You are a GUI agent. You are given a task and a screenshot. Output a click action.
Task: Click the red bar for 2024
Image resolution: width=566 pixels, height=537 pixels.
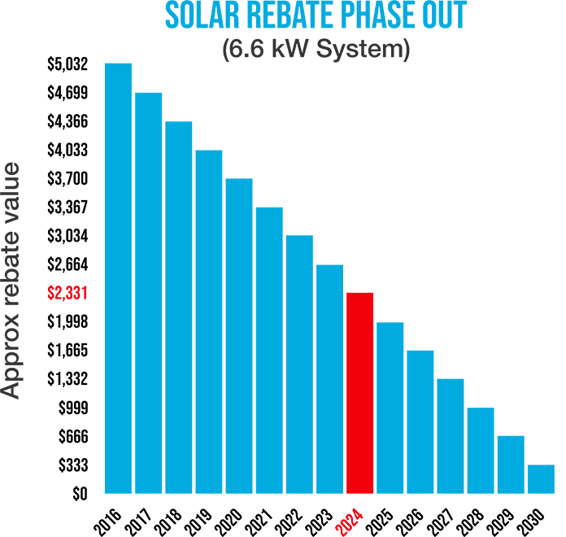pos(359,393)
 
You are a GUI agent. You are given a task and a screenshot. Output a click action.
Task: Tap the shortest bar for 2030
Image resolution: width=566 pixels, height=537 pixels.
pos(541,479)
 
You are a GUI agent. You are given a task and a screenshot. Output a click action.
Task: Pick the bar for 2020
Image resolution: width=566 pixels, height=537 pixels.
pos(239,336)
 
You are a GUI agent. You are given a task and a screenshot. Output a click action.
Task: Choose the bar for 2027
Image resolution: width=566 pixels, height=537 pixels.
pos(450,436)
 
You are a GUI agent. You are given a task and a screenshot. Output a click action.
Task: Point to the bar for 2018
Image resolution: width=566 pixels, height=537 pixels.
pos(179,308)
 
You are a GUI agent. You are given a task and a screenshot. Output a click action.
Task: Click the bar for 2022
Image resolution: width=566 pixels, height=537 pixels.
pos(299,365)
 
